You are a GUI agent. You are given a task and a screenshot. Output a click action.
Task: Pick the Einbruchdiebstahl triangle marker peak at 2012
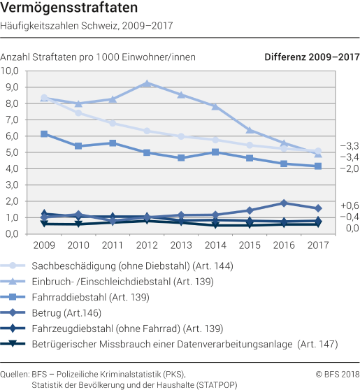coord(147,83)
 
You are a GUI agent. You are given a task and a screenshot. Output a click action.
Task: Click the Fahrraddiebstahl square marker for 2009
coord(44,133)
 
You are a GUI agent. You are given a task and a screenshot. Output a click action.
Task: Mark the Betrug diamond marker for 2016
coord(283,203)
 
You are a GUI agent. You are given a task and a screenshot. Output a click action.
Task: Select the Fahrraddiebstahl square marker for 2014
coord(215,152)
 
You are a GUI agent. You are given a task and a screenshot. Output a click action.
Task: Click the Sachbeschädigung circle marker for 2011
coord(113,123)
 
